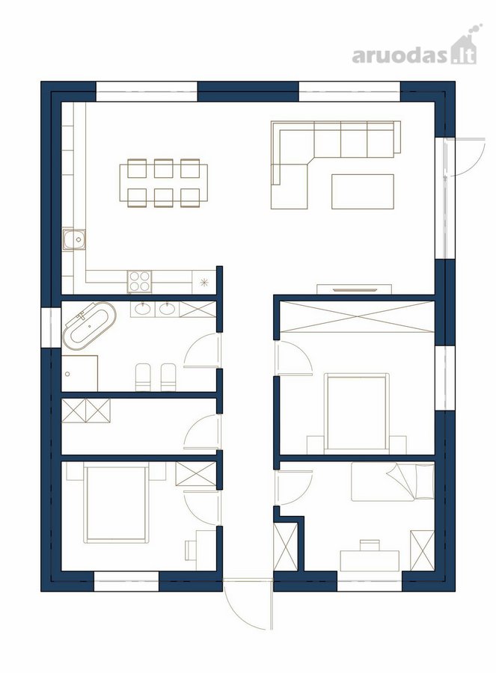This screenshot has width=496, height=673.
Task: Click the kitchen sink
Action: [x=74, y=239]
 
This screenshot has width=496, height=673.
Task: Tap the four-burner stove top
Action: [x=140, y=282]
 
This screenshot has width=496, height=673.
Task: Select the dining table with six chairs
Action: [x=163, y=183]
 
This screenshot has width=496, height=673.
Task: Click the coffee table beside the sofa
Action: [x=363, y=191]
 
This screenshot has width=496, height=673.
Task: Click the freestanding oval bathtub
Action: [x=89, y=325]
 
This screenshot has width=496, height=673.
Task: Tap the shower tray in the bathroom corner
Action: [x=79, y=373]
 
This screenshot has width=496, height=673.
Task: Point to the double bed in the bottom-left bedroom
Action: [x=117, y=503]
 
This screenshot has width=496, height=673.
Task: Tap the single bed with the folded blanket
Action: [x=393, y=482]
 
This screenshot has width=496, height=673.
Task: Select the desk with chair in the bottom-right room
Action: [x=370, y=557]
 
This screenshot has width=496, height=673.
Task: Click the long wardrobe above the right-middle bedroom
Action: [x=356, y=317]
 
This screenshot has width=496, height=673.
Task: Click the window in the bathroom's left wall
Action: [x=51, y=328]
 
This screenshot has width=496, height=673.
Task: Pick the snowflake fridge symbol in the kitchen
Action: [x=205, y=282]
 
